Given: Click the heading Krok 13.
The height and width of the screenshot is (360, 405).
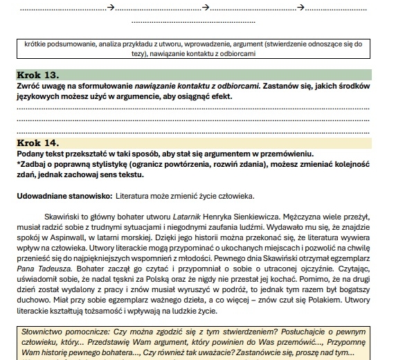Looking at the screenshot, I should (x=38, y=75).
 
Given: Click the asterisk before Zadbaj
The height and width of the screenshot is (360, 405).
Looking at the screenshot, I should (x=19, y=164).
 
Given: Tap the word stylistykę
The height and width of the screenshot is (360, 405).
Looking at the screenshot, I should (x=103, y=164).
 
